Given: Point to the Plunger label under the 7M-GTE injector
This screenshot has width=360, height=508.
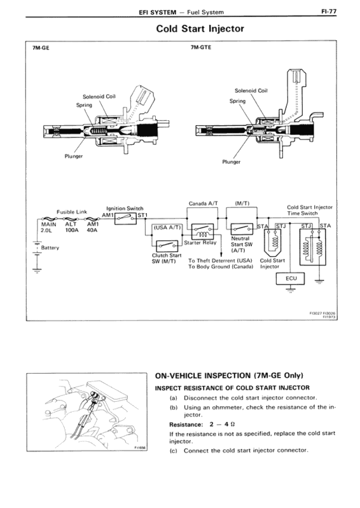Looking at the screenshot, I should tap(232, 161).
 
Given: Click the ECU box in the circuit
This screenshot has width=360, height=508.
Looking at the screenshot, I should tap(291, 278).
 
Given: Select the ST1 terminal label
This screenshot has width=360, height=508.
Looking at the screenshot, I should tap(141, 216).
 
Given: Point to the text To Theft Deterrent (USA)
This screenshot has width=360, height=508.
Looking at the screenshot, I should tap(220, 261).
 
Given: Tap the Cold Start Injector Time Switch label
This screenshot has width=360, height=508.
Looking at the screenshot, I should tap(310, 210).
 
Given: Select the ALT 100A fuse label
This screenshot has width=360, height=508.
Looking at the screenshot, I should tap(72, 228).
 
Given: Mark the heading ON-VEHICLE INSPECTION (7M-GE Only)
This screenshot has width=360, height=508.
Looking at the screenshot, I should tap(229, 374).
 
